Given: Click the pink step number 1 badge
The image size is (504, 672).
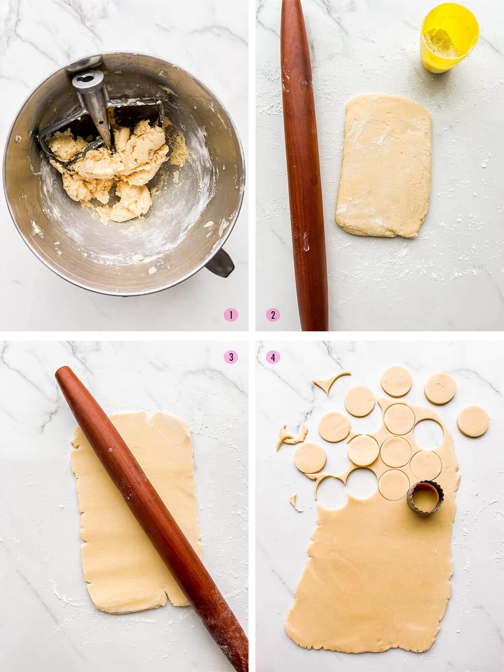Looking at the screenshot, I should (x=231, y=315).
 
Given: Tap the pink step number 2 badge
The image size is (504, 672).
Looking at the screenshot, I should (x=273, y=315).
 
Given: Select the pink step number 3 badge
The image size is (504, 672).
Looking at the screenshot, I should (x=231, y=357).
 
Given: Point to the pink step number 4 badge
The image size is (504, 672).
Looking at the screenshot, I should (x=273, y=357).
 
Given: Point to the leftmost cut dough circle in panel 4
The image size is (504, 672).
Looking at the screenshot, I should (x=310, y=458).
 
